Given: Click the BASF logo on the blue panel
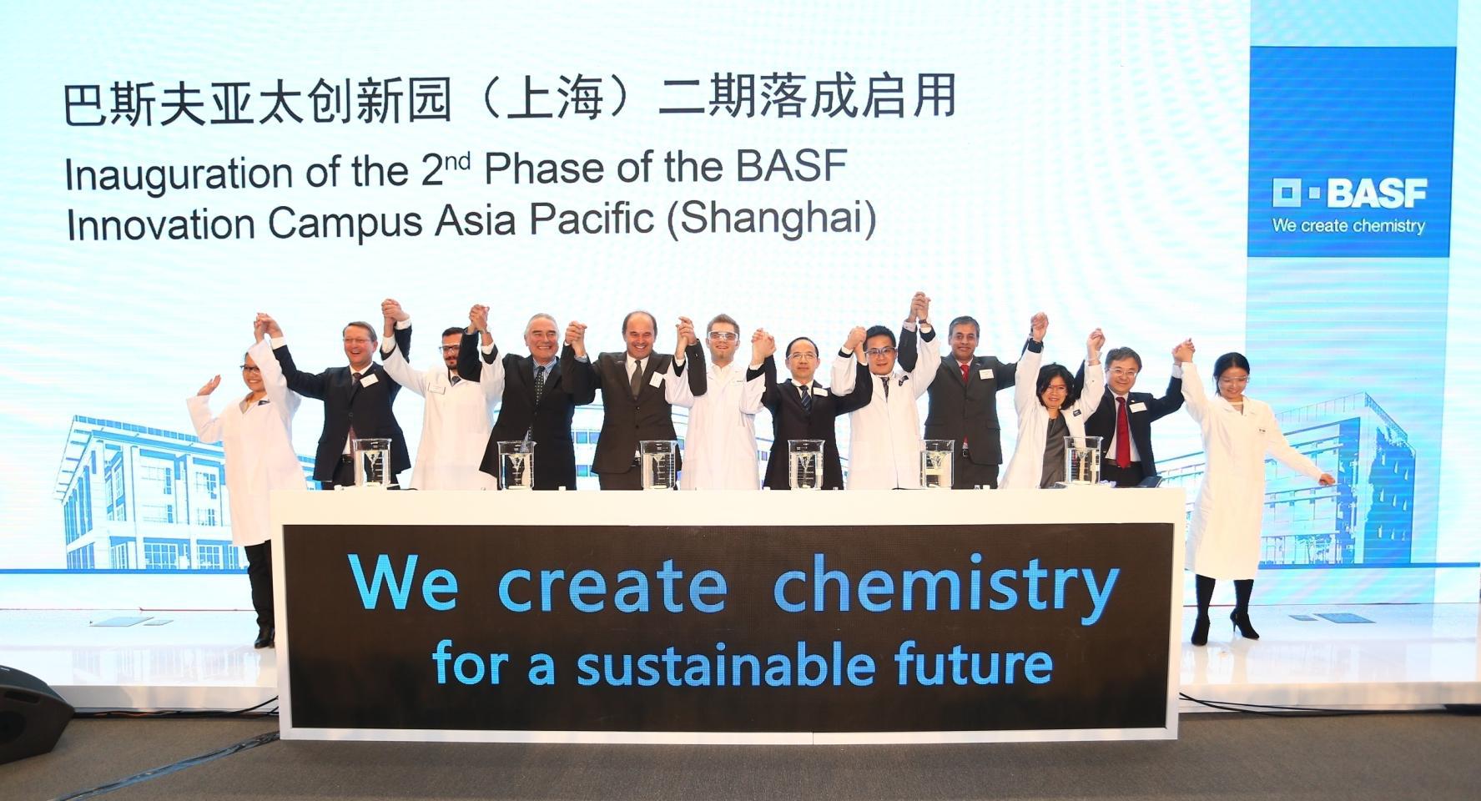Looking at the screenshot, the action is [x=1349, y=194].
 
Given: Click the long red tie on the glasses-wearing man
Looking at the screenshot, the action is [x=1123, y=431].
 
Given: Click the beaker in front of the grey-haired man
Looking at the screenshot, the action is [x=516, y=464].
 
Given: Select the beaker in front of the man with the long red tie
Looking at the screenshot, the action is [x=1082, y=461].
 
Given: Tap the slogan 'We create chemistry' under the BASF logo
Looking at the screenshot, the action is [x=1348, y=225].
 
